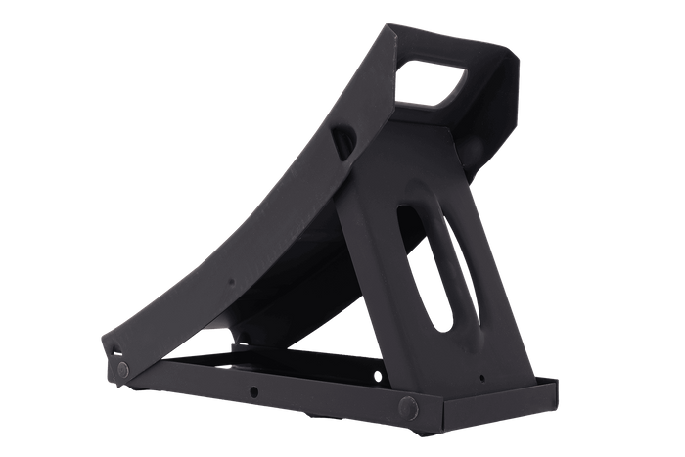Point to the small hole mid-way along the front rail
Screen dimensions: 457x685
252,390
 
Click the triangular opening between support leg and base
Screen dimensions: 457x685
284,333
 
